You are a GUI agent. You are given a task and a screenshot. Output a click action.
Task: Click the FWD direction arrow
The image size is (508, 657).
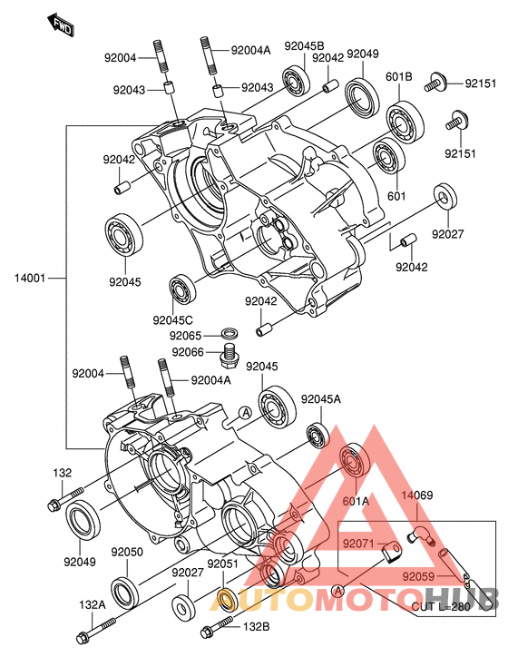[61, 25]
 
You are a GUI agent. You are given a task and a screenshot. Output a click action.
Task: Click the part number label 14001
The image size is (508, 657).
[29, 278]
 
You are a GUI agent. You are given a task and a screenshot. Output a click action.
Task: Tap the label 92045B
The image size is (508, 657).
[304, 46]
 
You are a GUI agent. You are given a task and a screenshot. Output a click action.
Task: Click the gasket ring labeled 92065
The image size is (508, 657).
[230, 334]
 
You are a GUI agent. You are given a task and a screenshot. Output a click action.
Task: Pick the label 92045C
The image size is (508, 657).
[173, 320]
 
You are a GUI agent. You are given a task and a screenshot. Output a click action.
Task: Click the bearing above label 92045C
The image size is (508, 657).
[182, 289]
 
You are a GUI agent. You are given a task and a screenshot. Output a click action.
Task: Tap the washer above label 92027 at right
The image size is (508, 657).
[445, 197]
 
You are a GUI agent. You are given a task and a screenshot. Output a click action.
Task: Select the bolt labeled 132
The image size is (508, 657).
[65, 499]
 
